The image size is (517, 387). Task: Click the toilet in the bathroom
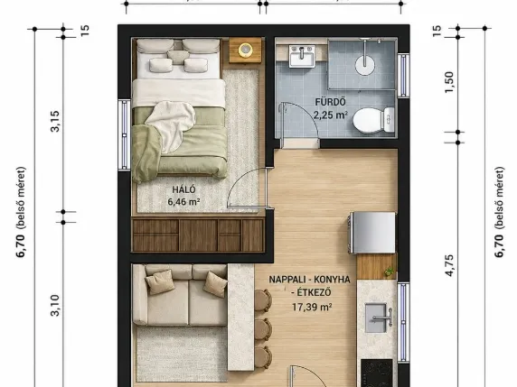pyautogui.click(x=374, y=120)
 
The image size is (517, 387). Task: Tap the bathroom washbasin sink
pyautogui.click(x=302, y=56)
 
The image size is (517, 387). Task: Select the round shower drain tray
pyautogui.click(x=364, y=65)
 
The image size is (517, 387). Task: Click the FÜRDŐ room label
pyautogui.click(x=331, y=102)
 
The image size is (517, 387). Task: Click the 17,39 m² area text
pyautogui.click(x=312, y=307)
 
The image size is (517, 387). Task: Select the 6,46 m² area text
pyautogui.click(x=183, y=202)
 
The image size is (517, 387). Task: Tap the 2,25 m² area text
pyautogui.click(x=331, y=115)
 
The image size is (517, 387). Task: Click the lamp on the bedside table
pyautogui.click(x=245, y=50)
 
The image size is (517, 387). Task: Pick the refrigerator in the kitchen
pyautogui.click(x=372, y=233)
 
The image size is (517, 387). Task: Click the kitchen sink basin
pyautogui.click(x=376, y=318)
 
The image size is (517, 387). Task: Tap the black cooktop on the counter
pyautogui.click(x=377, y=373)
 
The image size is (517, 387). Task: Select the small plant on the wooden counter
pyautogui.click(x=390, y=272)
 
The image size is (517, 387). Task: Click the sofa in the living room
pyautogui.click(x=180, y=295)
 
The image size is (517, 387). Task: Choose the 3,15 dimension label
pyautogui.click(x=55, y=122)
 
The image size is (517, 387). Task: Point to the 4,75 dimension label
pyautogui.click(x=449, y=265)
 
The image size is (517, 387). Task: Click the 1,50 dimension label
pyautogui.click(x=449, y=82)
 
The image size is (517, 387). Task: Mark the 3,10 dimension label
pyautogui.click(x=55, y=306)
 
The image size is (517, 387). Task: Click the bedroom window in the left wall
pyautogui.click(x=125, y=135)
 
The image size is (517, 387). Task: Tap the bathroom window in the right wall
pyautogui.click(x=403, y=75)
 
